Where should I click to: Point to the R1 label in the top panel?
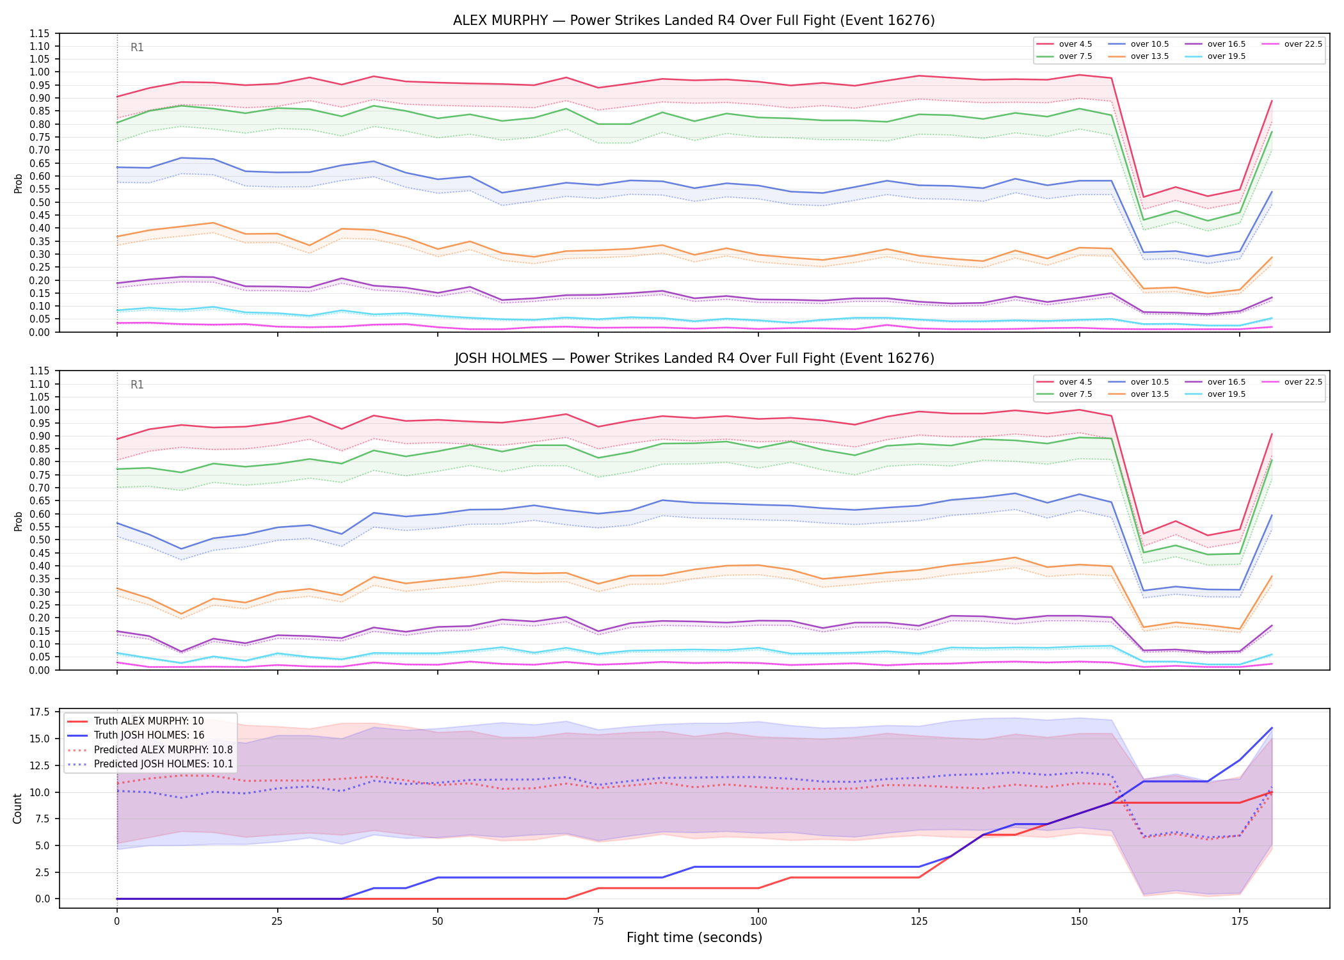pos(137,47)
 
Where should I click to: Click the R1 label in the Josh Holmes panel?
pos(137,385)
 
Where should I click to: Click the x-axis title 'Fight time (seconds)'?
pos(694,938)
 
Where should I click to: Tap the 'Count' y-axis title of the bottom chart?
pos(17,808)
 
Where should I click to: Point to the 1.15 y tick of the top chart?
pos(40,33)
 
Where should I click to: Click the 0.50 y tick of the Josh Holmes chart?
pos(40,540)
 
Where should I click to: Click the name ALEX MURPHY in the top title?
pos(500,20)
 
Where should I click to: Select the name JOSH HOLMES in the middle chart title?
pos(501,358)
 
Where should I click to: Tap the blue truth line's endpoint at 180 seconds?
pos(1272,728)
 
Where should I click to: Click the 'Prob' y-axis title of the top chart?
pos(18,183)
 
